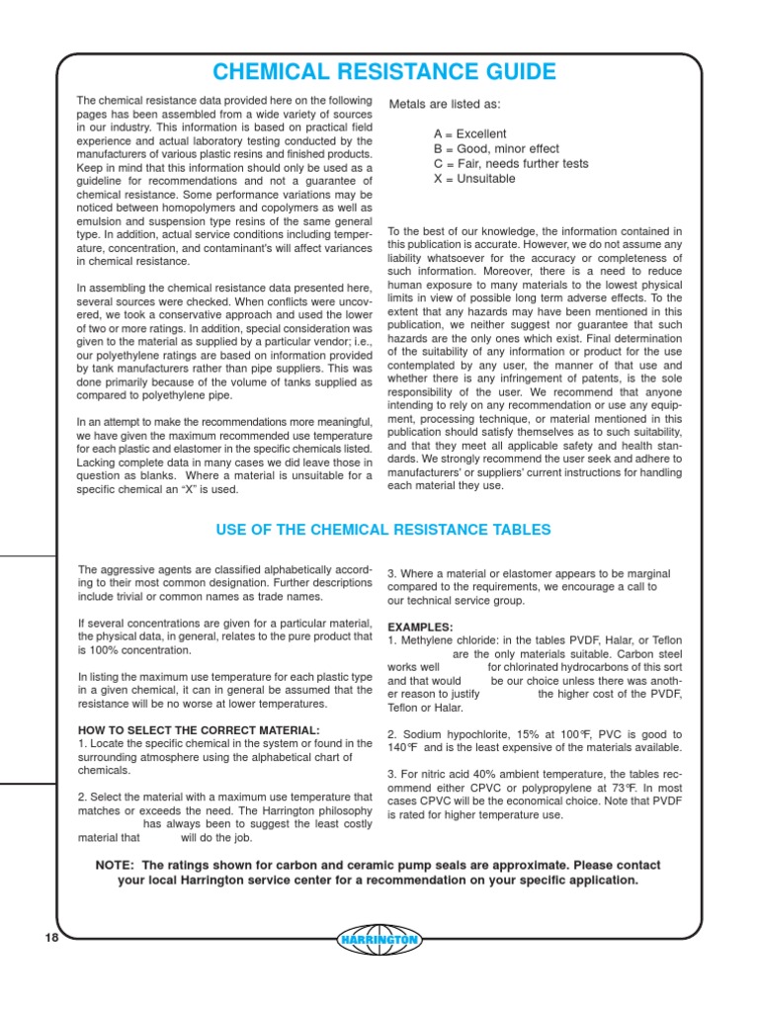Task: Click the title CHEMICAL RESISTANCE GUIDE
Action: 383,72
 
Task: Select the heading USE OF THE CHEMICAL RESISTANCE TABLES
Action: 383,530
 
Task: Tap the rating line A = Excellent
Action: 469,133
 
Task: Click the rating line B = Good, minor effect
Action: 497,148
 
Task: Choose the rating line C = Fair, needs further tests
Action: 511,164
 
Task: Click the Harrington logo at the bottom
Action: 379,940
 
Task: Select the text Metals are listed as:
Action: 445,104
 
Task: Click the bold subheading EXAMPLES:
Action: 420,627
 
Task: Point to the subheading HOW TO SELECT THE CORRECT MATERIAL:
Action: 198,730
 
